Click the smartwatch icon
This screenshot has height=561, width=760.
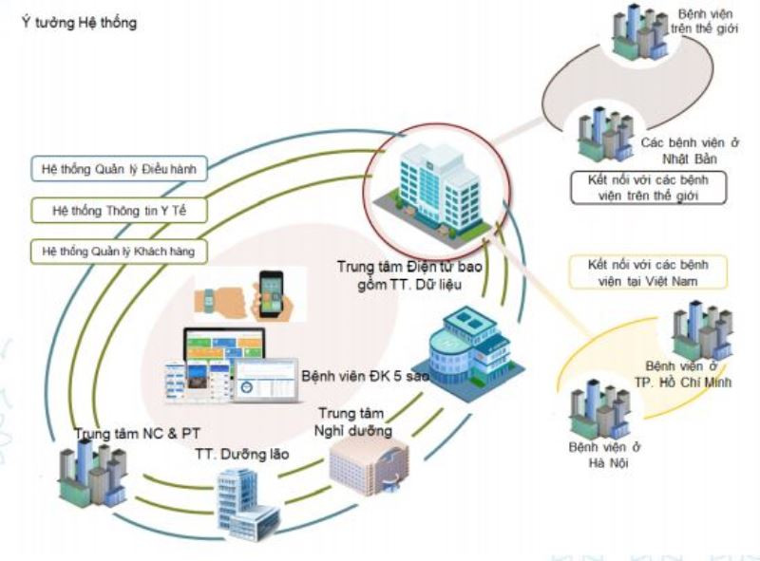coord(215,300)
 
